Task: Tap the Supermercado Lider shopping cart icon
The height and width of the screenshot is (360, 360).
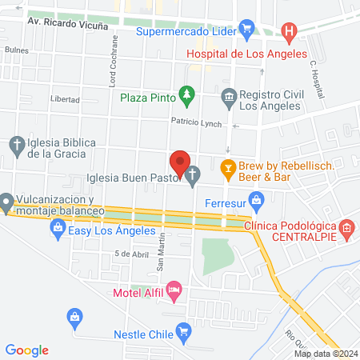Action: coord(248,31)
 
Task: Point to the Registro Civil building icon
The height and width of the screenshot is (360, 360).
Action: coord(229,98)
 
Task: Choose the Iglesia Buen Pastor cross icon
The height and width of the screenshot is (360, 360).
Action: coord(193,175)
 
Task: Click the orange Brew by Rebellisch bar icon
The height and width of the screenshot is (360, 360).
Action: coord(228,170)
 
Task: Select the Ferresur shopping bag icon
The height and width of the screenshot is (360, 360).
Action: coord(256,199)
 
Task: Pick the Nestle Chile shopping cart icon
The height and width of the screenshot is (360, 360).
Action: coord(184,330)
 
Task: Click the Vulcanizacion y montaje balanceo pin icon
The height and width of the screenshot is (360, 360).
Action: coord(6,200)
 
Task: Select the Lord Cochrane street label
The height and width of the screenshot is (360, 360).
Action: coord(114,62)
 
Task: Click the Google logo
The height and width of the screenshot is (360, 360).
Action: coord(27,350)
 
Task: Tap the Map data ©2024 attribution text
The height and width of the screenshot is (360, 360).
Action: coord(326,354)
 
